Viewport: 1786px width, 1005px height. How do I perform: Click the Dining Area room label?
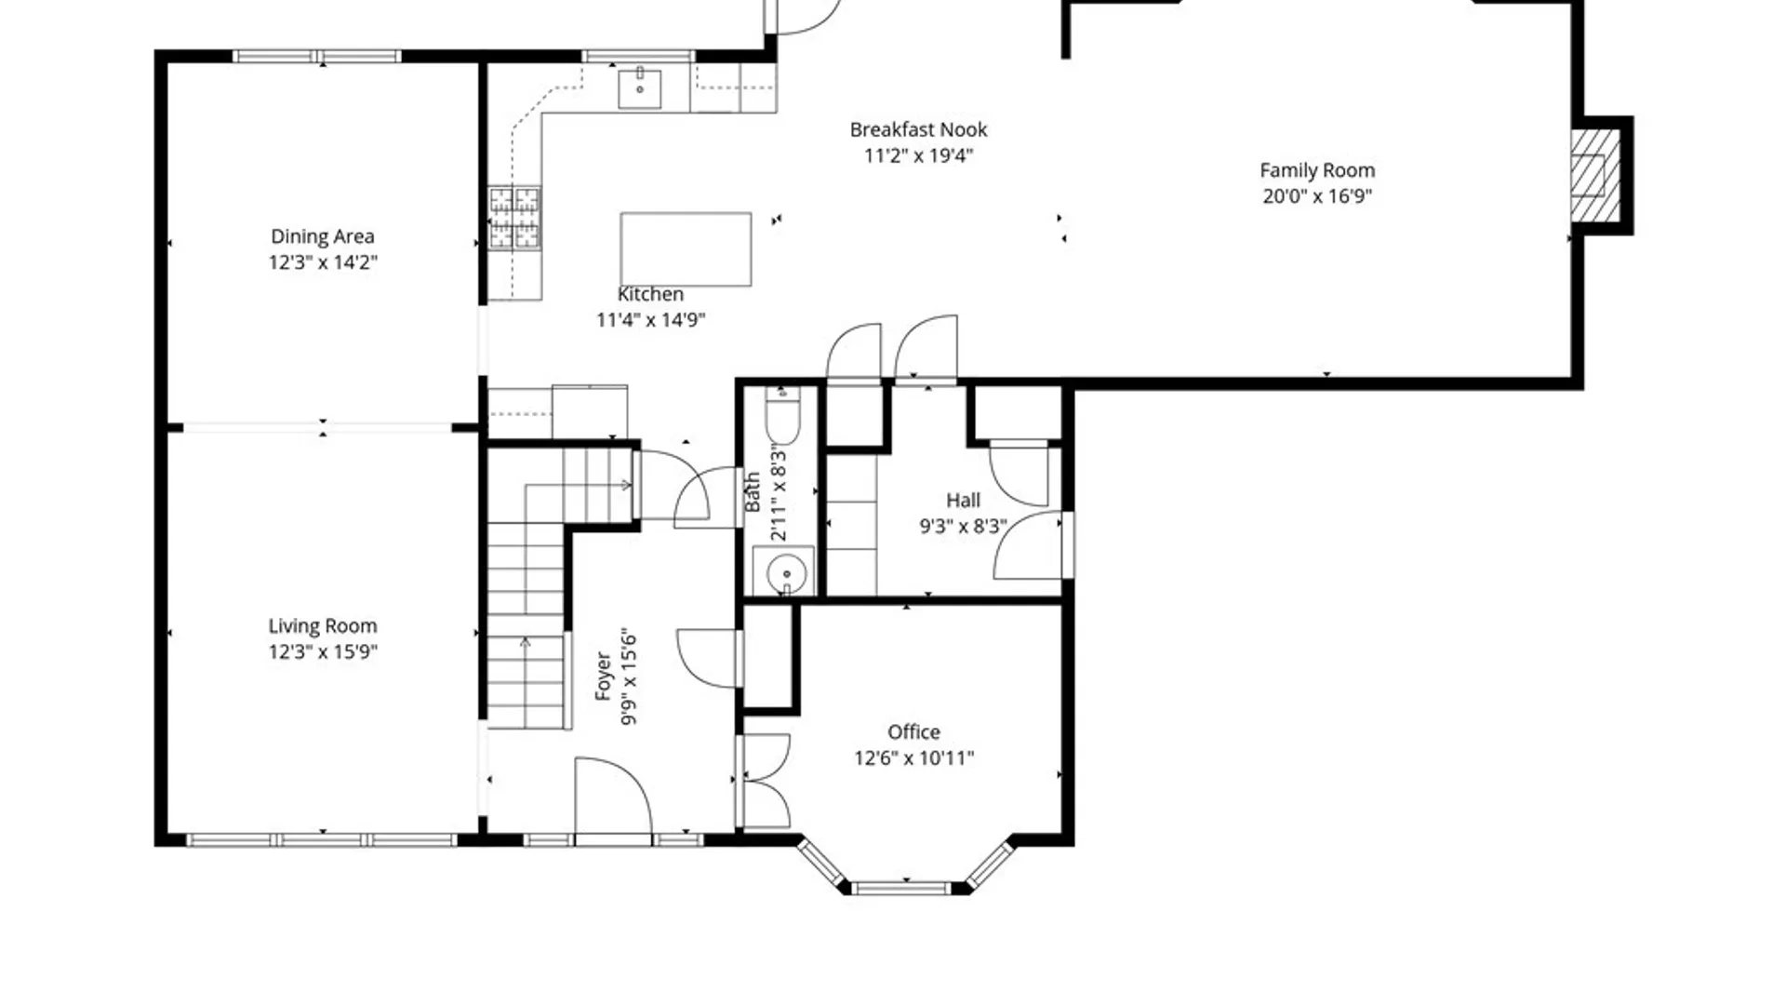pos(322,236)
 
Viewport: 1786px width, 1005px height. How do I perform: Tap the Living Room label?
pos(323,626)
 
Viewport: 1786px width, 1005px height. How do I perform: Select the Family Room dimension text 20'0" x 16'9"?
pos(1317,195)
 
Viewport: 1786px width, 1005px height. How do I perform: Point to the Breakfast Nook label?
pos(918,129)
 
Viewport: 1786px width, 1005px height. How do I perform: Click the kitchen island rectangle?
pos(686,248)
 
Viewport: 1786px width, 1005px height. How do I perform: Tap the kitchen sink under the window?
pos(640,88)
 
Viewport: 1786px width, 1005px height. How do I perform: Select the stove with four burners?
pos(514,219)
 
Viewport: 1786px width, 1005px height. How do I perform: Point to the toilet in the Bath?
pos(782,416)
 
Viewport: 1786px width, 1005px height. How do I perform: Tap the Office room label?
pos(913,732)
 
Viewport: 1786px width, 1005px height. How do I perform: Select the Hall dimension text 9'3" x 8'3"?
pos(963,526)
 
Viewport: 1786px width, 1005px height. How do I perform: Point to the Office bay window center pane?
pos(901,888)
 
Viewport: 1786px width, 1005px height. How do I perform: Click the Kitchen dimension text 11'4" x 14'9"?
pos(650,320)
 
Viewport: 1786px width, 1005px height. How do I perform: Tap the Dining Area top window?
pos(317,57)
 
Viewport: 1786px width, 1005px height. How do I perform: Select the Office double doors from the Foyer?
pos(765,782)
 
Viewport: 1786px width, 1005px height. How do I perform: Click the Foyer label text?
pos(603,676)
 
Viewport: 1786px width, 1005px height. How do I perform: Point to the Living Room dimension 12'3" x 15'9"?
pos(323,651)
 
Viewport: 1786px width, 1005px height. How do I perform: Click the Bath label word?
pos(753,491)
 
